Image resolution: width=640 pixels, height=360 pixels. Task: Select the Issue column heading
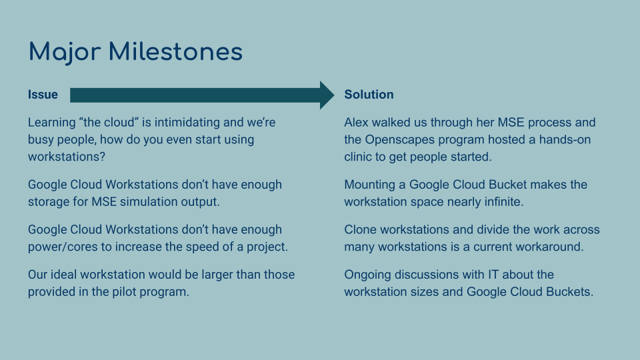[x=43, y=95]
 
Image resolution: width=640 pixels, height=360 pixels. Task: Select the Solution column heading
[x=369, y=95]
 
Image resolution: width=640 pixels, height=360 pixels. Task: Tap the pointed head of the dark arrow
[x=326, y=95]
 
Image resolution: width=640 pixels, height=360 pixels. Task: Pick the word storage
[x=50, y=201]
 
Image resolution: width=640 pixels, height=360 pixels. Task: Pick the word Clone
[x=361, y=230]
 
